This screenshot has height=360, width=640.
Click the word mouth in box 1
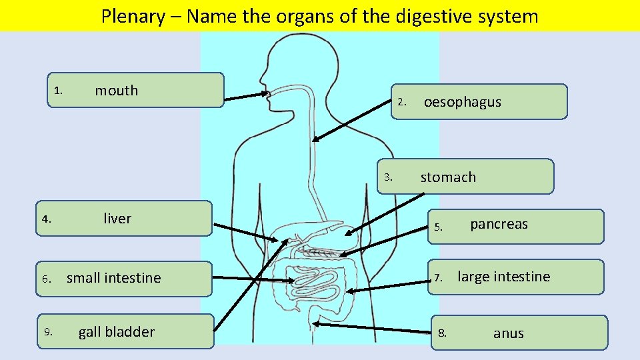point(116,91)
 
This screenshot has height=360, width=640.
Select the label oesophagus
point(462,102)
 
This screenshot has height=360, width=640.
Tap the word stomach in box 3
point(447,177)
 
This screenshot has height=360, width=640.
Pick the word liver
point(117,219)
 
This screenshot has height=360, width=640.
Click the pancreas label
point(499,224)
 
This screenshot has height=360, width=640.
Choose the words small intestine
point(114,278)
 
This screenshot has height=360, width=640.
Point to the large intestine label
point(503,277)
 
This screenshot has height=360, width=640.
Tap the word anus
point(508,333)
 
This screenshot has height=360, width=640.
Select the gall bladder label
point(117,332)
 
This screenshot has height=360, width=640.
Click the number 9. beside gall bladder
point(48,332)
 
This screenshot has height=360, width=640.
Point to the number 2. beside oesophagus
point(401,103)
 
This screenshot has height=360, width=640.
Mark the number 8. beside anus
point(442,333)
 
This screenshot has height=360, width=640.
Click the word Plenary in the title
point(132,16)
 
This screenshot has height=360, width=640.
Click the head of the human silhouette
point(283,63)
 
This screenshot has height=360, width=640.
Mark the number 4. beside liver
point(45,219)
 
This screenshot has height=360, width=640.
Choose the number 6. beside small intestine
point(46,279)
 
